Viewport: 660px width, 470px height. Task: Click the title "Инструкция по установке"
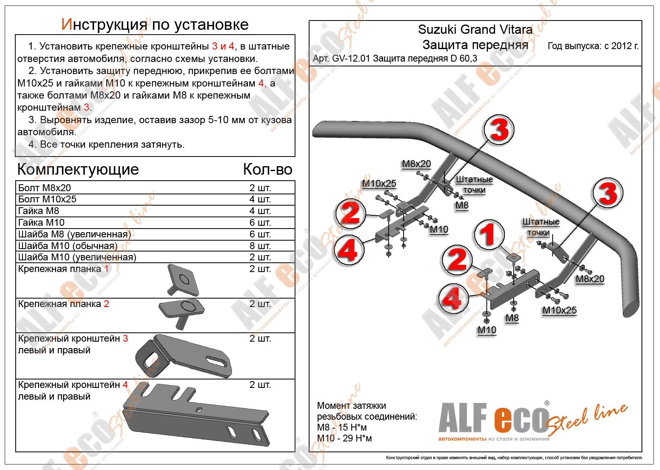(x=155, y=25)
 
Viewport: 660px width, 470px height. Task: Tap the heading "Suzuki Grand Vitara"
(x=475, y=29)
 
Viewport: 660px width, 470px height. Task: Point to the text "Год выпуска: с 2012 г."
(x=593, y=46)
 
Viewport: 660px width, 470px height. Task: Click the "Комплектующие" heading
(x=78, y=169)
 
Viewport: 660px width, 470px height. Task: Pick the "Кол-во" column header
(x=267, y=169)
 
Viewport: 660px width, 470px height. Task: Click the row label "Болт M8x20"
(x=45, y=188)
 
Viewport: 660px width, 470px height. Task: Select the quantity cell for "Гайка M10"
(x=260, y=223)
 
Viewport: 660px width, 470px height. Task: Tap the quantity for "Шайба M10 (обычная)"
(x=260, y=246)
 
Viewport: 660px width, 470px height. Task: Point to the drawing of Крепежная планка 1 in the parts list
(x=183, y=280)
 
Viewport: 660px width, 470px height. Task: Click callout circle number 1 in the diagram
(x=489, y=235)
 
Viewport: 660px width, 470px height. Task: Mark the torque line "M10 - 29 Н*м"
(x=344, y=438)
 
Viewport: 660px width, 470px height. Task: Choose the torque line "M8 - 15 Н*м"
(x=342, y=427)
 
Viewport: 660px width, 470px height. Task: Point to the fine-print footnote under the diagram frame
(x=514, y=458)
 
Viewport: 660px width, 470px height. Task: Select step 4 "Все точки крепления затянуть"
(x=107, y=144)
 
